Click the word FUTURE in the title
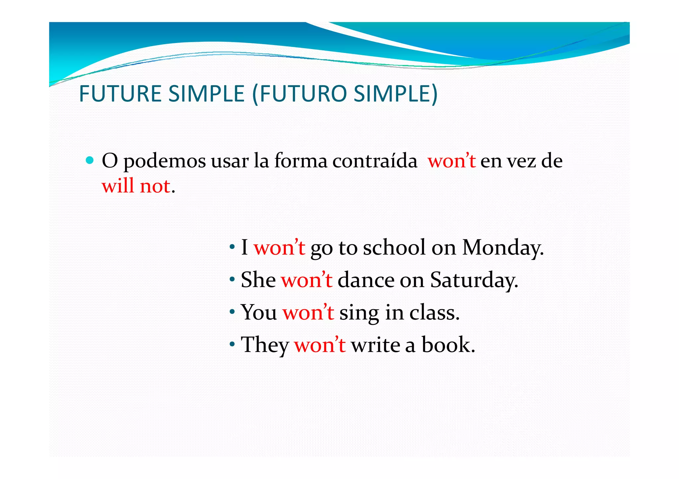click(120, 94)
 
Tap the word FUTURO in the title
click(303, 94)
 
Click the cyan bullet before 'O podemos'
click(90, 161)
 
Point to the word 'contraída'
click(375, 161)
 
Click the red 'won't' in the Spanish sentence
click(452, 161)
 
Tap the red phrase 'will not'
click(136, 186)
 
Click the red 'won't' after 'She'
click(307, 280)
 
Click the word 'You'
click(259, 312)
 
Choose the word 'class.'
click(434, 312)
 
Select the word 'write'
click(375, 345)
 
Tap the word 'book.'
click(448, 345)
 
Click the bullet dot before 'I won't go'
click(232, 247)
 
